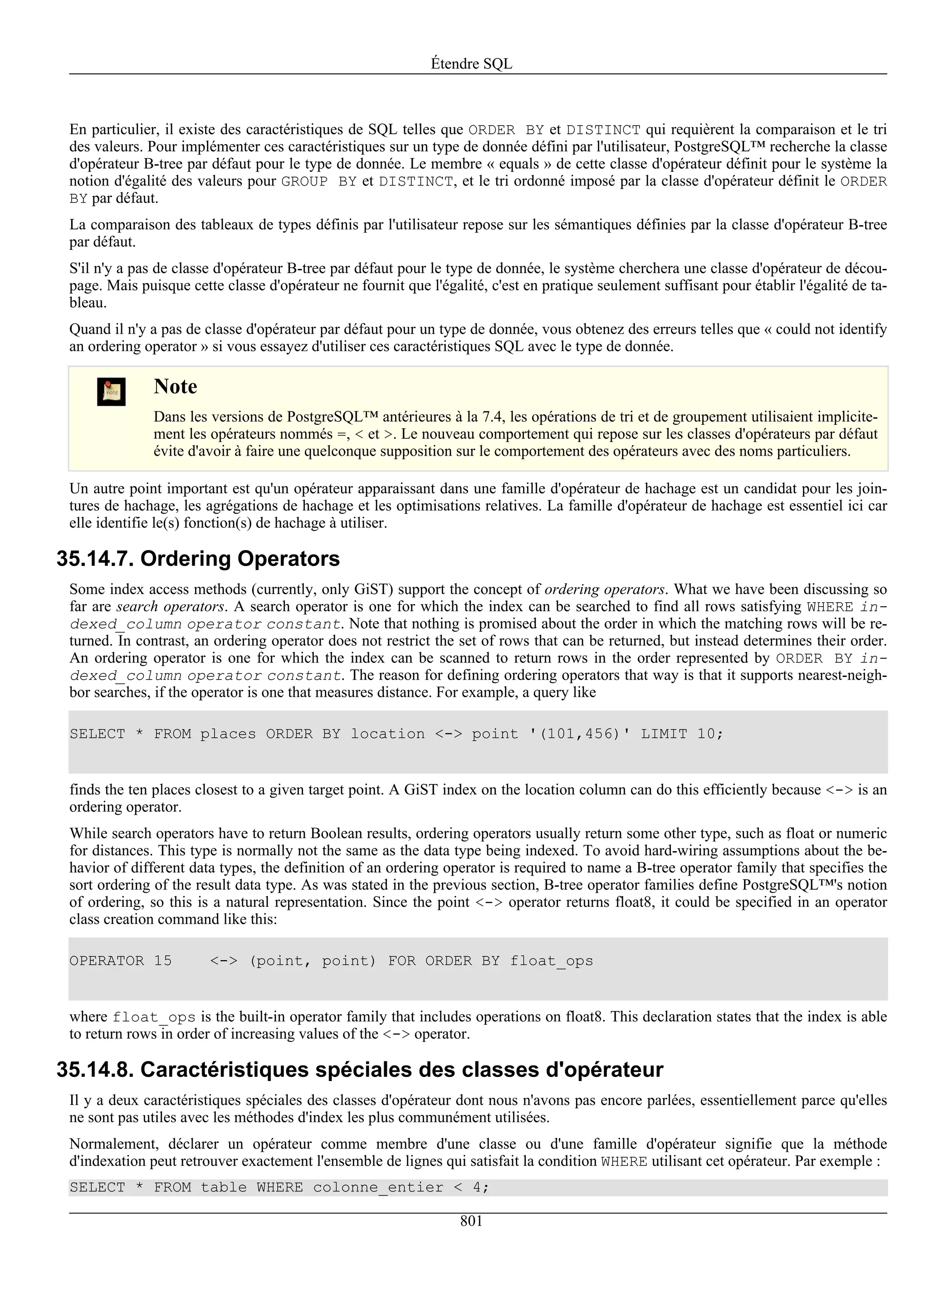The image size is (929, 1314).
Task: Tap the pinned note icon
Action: (x=111, y=392)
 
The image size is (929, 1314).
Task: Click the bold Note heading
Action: (x=175, y=386)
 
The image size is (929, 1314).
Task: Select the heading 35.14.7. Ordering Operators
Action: (x=198, y=559)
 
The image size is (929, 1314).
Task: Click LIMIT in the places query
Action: (x=663, y=734)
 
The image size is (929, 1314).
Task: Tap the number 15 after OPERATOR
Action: (x=162, y=961)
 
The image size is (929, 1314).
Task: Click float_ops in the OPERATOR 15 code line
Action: (x=551, y=961)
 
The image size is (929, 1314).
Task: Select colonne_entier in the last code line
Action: (x=378, y=1187)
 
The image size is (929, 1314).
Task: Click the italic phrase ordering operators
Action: (x=605, y=589)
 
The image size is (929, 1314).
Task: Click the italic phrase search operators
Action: (x=171, y=607)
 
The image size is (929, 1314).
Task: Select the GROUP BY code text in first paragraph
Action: (x=319, y=182)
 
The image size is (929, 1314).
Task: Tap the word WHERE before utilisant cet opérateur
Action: (x=624, y=1161)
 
